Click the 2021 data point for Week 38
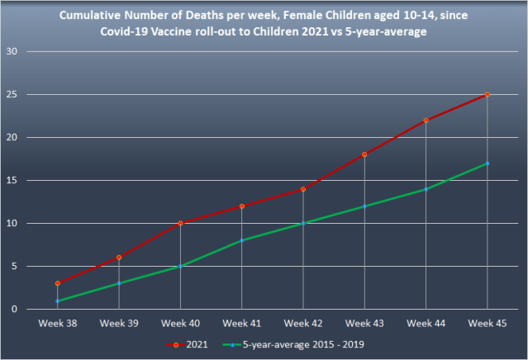pos(58,283)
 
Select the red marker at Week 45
pos(488,95)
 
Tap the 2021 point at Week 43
pos(364,154)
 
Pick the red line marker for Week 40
pos(180,223)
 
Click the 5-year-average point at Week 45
pos(488,163)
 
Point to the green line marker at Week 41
pos(242,240)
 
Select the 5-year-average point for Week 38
pos(58,301)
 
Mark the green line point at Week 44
pos(426,189)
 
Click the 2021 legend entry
pos(188,344)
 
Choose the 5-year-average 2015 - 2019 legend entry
pos(293,344)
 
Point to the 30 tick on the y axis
pos(12,51)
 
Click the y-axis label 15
pos(12,180)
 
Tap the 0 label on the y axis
pos(14,309)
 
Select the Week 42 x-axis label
pos(303,324)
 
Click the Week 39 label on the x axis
pos(119,324)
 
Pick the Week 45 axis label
pos(488,324)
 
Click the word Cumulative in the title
pos(90,16)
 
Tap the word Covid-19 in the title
pos(124,31)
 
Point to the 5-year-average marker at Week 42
pos(303,223)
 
